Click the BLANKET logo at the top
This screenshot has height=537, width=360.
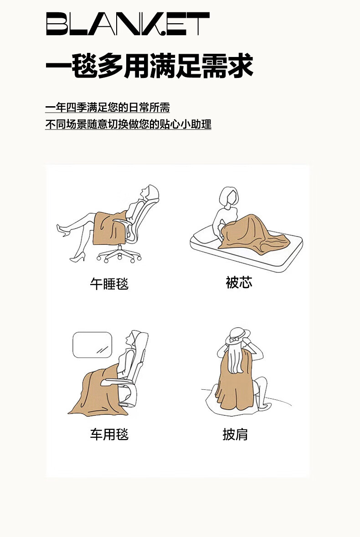pos(128,24)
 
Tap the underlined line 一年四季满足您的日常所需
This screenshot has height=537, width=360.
pos(108,108)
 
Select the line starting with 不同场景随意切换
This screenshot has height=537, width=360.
pos(129,124)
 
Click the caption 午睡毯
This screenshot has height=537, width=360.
pos(109,284)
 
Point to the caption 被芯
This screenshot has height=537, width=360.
pos(239,283)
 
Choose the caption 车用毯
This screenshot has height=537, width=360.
pos(109,434)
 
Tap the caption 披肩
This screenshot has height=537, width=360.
pos(235,434)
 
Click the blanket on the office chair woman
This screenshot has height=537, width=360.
pos(109,228)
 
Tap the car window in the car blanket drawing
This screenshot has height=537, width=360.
pos(93,345)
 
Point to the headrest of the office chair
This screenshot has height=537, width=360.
pos(153,192)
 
